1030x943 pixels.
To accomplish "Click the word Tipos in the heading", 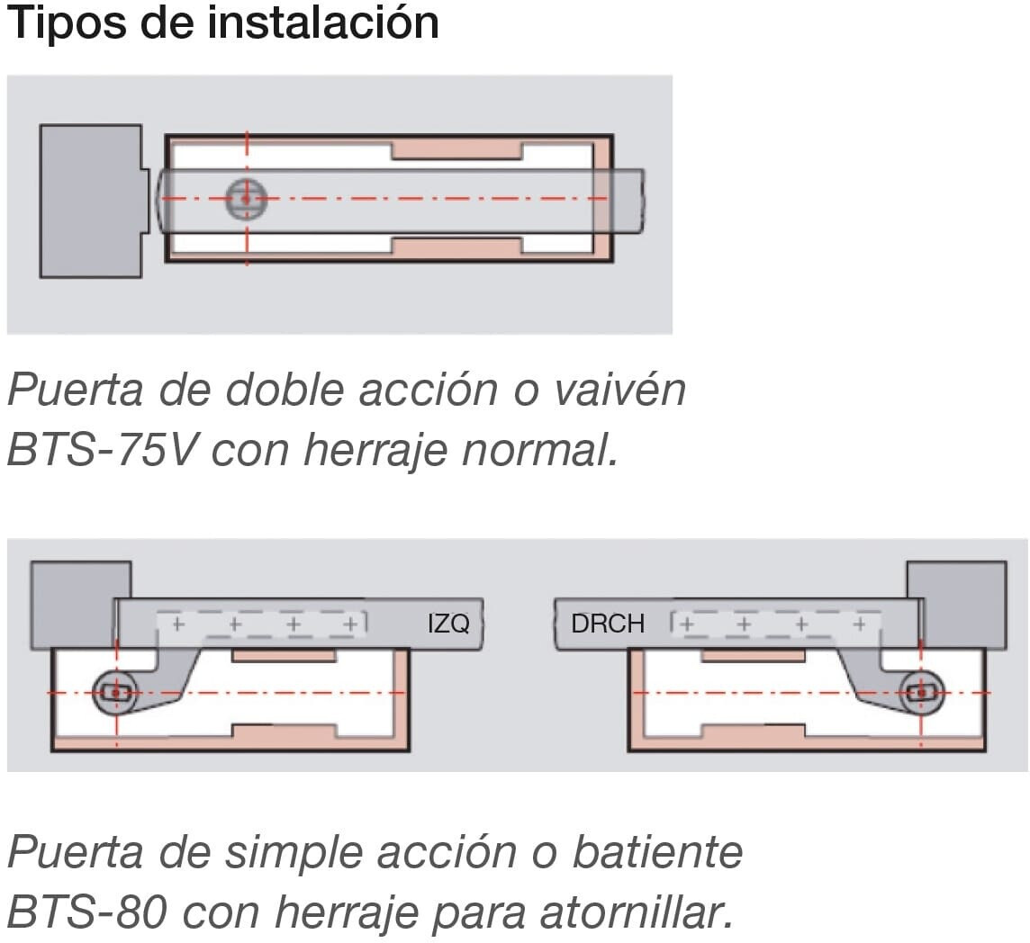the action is (68, 23).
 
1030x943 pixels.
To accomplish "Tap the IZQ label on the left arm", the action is (448, 623).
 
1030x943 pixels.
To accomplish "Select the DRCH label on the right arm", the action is (608, 623).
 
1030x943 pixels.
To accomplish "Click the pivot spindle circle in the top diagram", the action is (247, 198).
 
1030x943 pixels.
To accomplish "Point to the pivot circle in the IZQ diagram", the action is (115, 692).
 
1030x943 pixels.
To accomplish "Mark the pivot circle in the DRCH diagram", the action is (921, 692).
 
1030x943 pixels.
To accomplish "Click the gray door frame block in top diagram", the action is (92, 201).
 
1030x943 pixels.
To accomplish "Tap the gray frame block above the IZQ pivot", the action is (80, 606).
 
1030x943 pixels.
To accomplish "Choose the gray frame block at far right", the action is (956, 606).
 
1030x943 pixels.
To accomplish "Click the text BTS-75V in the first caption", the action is (102, 451).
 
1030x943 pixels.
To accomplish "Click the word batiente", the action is (657, 852).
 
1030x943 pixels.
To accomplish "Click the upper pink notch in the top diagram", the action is (457, 150).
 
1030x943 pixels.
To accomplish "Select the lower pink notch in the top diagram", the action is (457, 247).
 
